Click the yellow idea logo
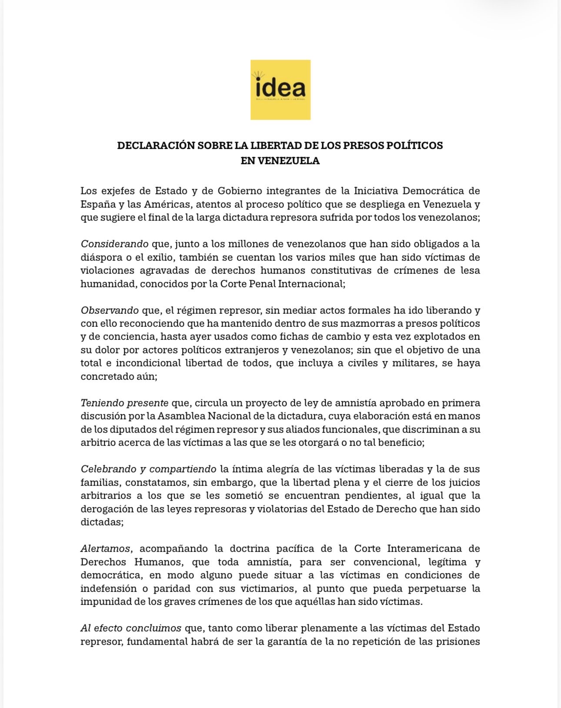(x=280, y=90)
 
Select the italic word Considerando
(x=114, y=243)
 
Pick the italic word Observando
(x=110, y=310)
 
